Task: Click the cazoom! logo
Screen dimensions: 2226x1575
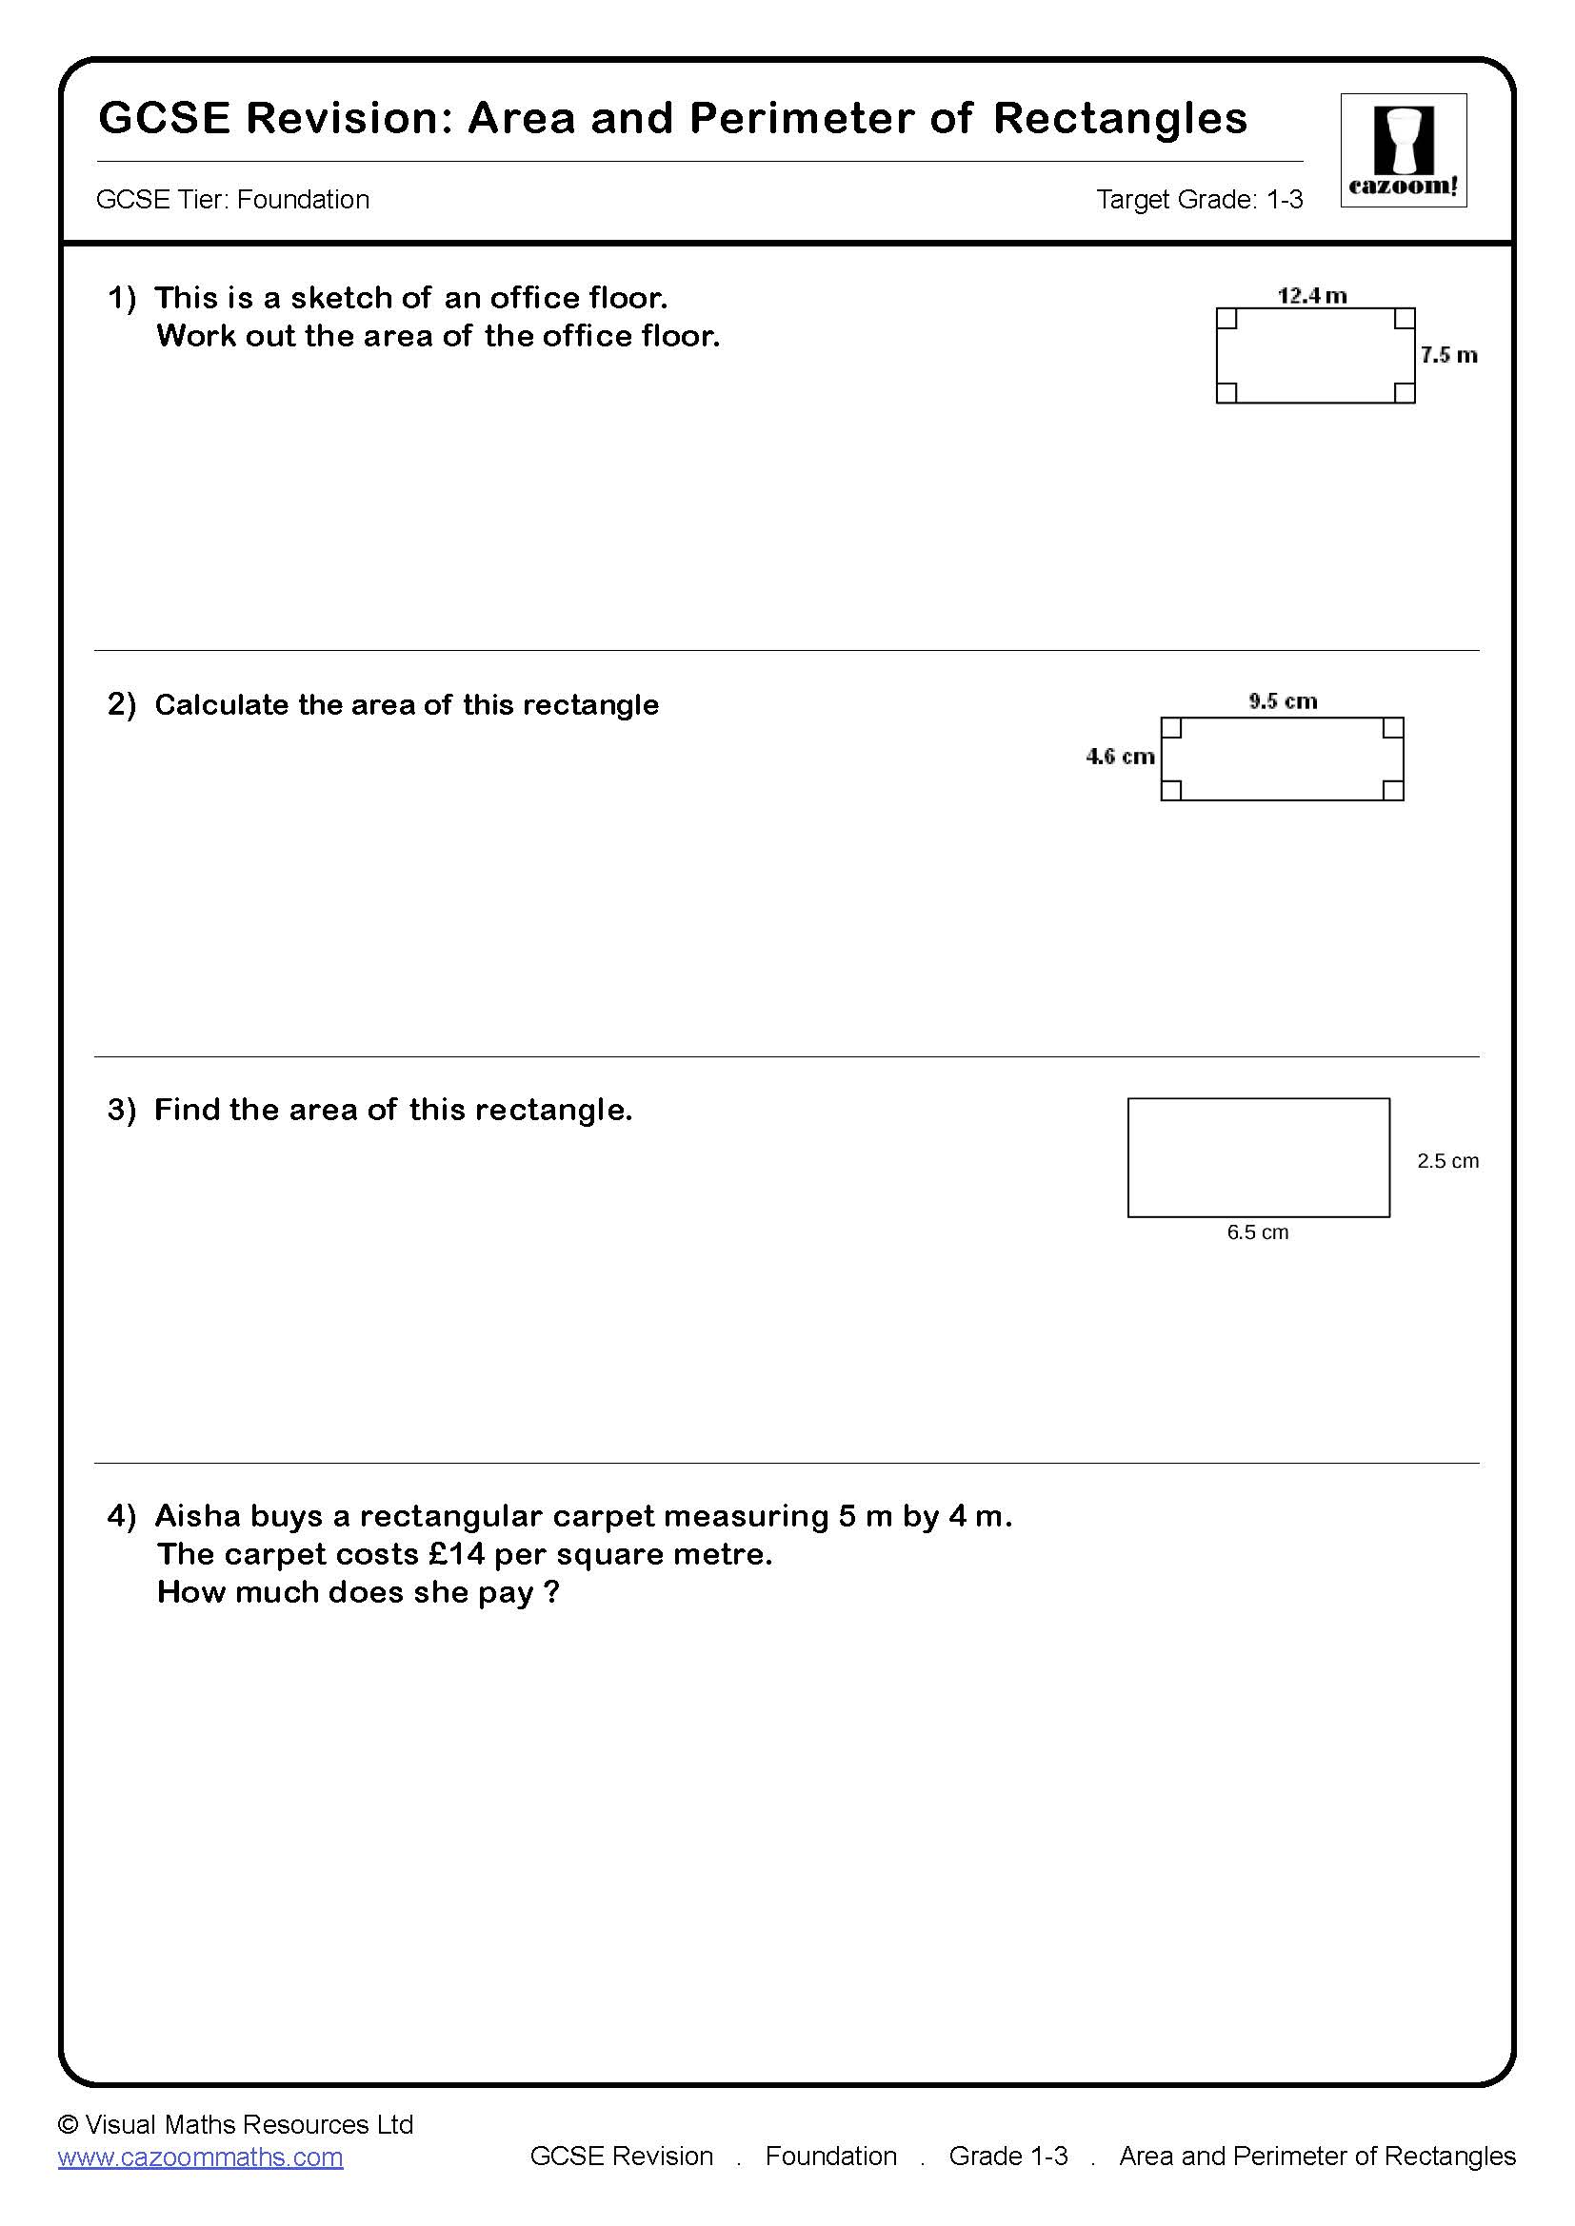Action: click(1403, 150)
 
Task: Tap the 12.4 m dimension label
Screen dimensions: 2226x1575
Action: click(1311, 295)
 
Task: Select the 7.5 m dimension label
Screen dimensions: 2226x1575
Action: click(1448, 355)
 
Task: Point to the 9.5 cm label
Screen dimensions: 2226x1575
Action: click(1282, 701)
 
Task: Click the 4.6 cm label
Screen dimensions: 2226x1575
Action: click(1120, 757)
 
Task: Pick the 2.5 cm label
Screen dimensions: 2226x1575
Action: click(1447, 1160)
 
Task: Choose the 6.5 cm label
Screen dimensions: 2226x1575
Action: click(1257, 1232)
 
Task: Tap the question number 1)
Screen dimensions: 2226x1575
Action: click(122, 298)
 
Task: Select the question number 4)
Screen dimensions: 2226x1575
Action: click(122, 1515)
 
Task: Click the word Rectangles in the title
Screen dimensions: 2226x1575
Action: click(1119, 118)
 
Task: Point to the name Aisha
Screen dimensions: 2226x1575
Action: click(198, 1515)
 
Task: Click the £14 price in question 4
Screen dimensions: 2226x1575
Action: click(456, 1554)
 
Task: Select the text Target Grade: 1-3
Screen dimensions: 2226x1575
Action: click(1199, 200)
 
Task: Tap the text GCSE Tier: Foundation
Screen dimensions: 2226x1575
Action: click(232, 200)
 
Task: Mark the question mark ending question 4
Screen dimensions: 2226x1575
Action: click(552, 1592)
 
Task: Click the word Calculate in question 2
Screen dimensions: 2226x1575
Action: click(222, 705)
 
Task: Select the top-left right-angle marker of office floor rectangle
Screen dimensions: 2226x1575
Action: click(1226, 319)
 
